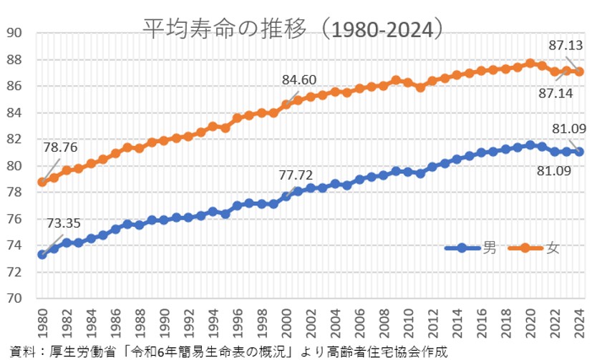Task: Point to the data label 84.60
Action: point(298,79)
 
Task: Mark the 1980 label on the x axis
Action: point(42,323)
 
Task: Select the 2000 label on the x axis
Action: point(286,323)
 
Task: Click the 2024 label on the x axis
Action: point(579,323)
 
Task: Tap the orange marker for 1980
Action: point(42,182)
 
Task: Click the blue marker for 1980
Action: point(42,254)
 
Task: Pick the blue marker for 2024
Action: point(579,152)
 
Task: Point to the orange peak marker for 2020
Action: point(530,63)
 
